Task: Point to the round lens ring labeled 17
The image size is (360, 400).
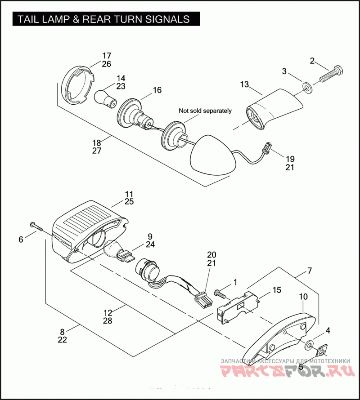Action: (80, 85)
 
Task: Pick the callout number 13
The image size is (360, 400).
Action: (244, 84)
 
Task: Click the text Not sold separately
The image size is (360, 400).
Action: (205, 111)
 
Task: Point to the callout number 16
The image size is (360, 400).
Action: (157, 90)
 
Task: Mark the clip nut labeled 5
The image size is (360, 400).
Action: (322, 351)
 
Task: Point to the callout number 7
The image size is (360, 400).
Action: (309, 271)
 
